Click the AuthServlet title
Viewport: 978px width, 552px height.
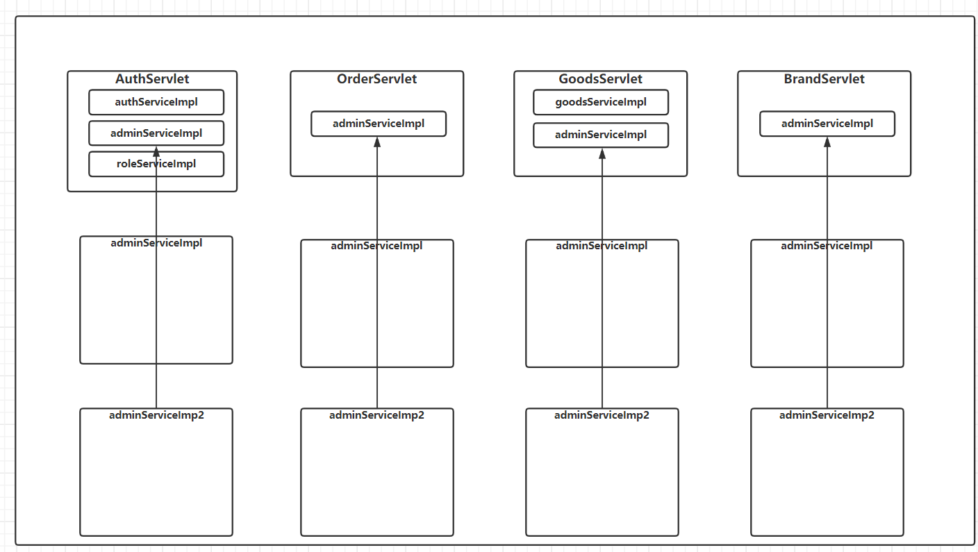[x=152, y=79]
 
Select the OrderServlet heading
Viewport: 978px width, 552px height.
[x=376, y=79]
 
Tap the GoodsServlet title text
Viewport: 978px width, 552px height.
[x=600, y=79]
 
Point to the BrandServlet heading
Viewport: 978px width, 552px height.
[x=824, y=79]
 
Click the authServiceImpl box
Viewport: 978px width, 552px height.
[x=156, y=102]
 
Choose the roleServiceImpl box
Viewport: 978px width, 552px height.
[x=156, y=164]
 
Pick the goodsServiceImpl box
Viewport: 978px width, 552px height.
[x=601, y=102]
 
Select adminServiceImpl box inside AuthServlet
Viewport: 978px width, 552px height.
[x=156, y=133]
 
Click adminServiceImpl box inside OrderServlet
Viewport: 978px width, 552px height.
[x=379, y=124]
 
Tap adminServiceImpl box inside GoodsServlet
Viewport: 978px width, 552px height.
[x=601, y=135]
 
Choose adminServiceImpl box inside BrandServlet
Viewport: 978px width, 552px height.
[x=827, y=124]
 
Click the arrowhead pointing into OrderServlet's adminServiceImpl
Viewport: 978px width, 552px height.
[x=377, y=142]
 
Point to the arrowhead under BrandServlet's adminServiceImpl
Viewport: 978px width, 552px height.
[x=827, y=142]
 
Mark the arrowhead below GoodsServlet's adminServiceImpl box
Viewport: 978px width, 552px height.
[x=602, y=153]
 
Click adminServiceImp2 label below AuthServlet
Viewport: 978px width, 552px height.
[x=156, y=415]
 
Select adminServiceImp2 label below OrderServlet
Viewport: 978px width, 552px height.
[x=376, y=415]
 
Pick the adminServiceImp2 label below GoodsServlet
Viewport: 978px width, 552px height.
[x=602, y=415]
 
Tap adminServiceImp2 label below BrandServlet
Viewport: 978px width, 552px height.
[x=827, y=415]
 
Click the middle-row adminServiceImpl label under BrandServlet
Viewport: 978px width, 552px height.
[x=827, y=246]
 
